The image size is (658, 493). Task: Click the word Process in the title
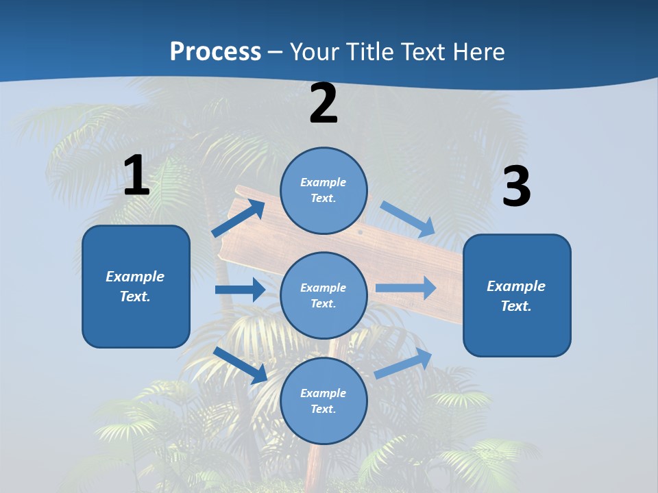pyautogui.click(x=215, y=51)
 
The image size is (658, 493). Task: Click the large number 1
pyautogui.click(x=136, y=176)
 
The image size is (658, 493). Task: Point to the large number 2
pyautogui.click(x=324, y=103)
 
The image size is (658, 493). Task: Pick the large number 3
pyautogui.click(x=516, y=186)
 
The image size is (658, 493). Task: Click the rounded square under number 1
pyautogui.click(x=136, y=286)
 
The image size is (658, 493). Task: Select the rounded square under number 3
pyautogui.click(x=517, y=295)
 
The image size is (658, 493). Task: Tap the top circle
pyautogui.click(x=324, y=190)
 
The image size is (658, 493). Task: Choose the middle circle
pyautogui.click(x=324, y=295)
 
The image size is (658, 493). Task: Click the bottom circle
pyautogui.click(x=324, y=401)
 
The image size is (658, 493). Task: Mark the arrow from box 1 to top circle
pyautogui.click(x=239, y=218)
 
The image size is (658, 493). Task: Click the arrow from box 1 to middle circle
pyautogui.click(x=240, y=290)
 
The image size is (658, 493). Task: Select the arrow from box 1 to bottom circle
pyautogui.click(x=241, y=365)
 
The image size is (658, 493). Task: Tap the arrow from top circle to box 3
pyautogui.click(x=408, y=218)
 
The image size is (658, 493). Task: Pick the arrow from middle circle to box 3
pyautogui.click(x=406, y=288)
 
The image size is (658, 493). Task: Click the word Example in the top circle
pyautogui.click(x=324, y=183)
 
